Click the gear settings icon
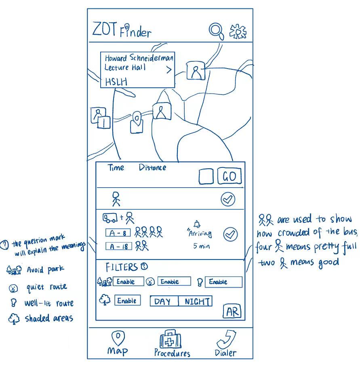point(238,31)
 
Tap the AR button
point(232,311)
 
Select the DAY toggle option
point(164,301)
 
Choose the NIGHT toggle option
point(196,301)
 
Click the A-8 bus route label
point(118,233)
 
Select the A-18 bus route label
point(118,246)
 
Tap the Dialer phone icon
point(226,340)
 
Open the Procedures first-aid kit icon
point(171,339)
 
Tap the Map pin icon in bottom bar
point(118,338)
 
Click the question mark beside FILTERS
point(144,266)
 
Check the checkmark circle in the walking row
point(228,199)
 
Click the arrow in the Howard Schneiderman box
point(169,69)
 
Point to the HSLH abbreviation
point(116,82)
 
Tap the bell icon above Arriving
point(197,224)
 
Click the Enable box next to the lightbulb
point(223,282)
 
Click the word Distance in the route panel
point(152,167)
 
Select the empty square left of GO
point(206,177)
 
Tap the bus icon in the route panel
point(110,218)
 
